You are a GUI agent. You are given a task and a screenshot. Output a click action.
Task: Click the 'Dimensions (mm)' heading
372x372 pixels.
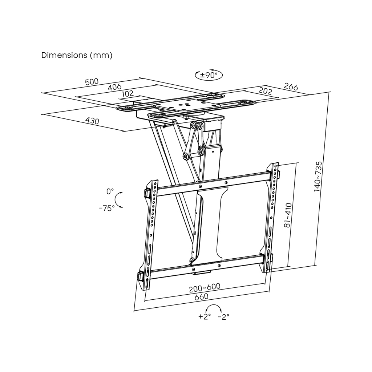tap(77, 55)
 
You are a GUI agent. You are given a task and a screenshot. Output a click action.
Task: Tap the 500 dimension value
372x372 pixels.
tap(92, 82)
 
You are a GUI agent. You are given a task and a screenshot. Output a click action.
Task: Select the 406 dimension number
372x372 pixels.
tap(114, 87)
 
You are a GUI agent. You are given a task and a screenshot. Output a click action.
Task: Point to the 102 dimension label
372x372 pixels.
tap(128, 93)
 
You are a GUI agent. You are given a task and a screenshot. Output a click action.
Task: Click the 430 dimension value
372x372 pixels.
tap(92, 121)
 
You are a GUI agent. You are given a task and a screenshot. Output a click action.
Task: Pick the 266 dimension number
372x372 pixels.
tap(291, 86)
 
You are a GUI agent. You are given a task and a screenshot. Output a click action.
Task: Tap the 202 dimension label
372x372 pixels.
tap(265, 91)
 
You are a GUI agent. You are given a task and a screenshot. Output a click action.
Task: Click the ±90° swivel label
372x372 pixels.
tap(209, 75)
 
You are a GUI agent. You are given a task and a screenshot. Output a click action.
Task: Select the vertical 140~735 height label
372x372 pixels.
tap(318, 177)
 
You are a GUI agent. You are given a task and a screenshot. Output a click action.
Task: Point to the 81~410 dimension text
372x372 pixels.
tap(288, 215)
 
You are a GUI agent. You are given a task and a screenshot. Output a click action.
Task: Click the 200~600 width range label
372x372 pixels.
tap(205, 288)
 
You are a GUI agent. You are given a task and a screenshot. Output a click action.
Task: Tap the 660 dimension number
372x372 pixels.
tap(201, 296)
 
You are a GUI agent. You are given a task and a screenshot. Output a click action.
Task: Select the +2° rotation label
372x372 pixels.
tap(205, 316)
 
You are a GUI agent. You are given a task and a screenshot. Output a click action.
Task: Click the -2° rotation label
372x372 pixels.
tap(223, 317)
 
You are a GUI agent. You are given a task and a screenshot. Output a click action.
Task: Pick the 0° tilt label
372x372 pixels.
tap(110, 191)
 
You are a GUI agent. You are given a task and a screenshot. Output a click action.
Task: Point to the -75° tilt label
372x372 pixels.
tap(107, 208)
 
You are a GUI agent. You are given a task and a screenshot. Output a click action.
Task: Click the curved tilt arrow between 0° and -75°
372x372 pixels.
tap(118, 200)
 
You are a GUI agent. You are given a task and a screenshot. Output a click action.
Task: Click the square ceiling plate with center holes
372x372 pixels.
tap(186, 106)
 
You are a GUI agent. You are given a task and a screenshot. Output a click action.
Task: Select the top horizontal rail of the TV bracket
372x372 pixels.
tap(214, 184)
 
